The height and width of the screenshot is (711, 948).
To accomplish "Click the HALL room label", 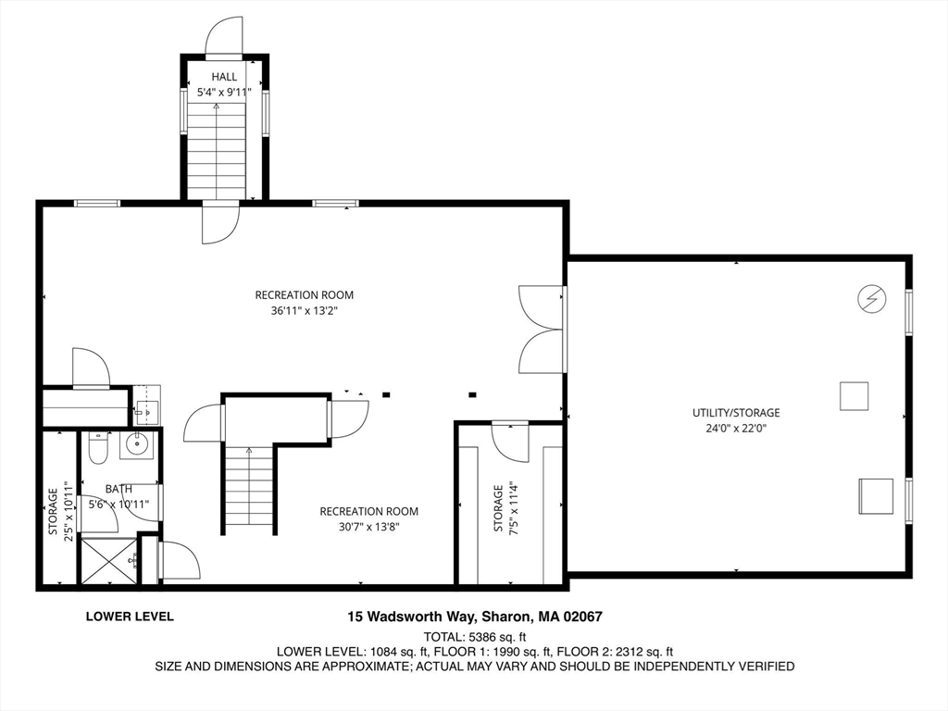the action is [224, 77].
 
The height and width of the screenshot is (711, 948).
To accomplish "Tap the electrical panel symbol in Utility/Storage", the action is [872, 298].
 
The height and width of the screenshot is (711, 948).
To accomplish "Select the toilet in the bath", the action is [97, 447].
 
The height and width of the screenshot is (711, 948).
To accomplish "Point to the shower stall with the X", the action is [107, 560].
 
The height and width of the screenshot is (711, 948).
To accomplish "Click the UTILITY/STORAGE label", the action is [736, 413].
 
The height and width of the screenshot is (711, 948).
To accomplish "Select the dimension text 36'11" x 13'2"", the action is [304, 311].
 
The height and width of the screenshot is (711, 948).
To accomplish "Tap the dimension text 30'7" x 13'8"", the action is [368, 527].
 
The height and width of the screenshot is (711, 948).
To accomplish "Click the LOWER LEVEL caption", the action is [130, 617].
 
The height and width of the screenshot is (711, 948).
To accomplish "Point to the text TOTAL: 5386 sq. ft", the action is [475, 637].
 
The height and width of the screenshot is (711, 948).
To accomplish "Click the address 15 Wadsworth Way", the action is [412, 617].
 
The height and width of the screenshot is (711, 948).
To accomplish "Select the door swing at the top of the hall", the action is [224, 36].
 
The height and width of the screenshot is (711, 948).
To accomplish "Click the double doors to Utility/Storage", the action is [542, 330].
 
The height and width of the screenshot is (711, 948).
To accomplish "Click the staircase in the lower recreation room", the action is [249, 489].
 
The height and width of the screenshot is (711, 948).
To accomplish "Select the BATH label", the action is [118, 489].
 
